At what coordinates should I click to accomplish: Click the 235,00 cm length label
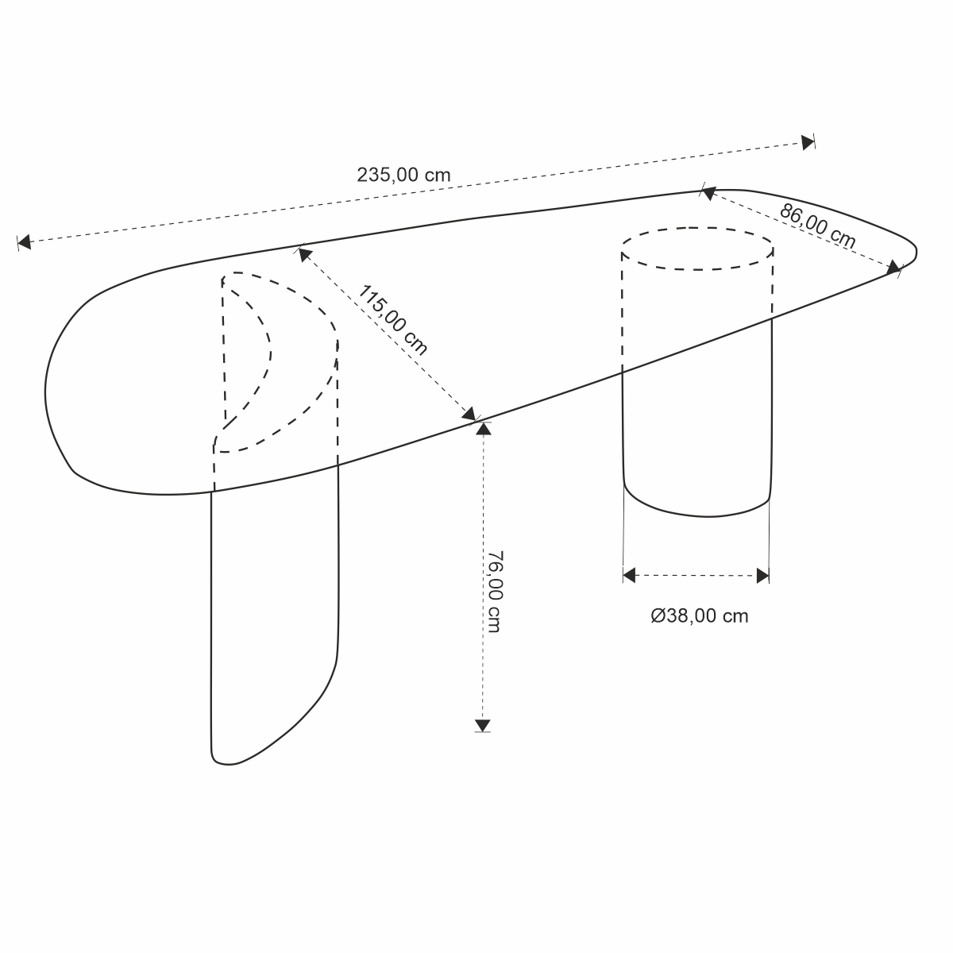[403, 175]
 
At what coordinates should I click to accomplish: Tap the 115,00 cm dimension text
[392, 321]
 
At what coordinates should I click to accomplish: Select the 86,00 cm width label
[817, 226]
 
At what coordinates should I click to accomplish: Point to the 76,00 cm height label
[494, 592]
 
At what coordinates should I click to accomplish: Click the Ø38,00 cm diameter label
[700, 616]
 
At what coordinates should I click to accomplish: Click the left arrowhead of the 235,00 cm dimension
[25, 242]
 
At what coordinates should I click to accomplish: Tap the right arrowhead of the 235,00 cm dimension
[808, 142]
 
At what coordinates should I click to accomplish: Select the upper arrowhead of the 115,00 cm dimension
[305, 255]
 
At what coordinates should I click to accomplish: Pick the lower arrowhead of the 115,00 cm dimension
[469, 414]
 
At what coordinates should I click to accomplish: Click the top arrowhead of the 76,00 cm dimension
[483, 429]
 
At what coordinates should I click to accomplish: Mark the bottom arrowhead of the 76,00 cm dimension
[482, 725]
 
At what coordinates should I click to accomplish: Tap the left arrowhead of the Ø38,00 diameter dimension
[629, 575]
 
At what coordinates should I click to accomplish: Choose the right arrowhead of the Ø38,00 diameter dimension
[762, 576]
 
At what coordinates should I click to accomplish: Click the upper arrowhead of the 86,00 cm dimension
[708, 193]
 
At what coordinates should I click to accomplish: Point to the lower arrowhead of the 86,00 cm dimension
[893, 268]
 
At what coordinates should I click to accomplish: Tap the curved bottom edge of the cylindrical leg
[697, 516]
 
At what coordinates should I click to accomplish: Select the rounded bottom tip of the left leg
[225, 763]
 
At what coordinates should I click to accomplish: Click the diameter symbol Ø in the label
[658, 616]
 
